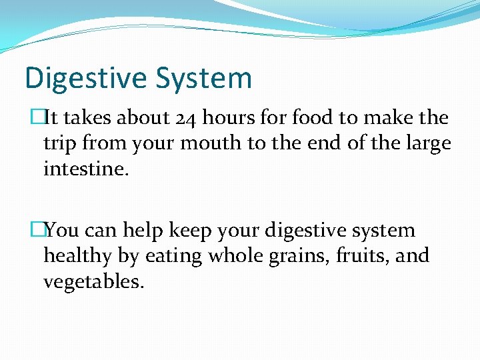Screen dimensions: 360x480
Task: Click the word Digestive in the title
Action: pyautogui.click(x=85, y=79)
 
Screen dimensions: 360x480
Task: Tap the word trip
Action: pyautogui.click(x=59, y=143)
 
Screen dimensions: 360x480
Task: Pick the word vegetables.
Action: pyautogui.click(x=93, y=281)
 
